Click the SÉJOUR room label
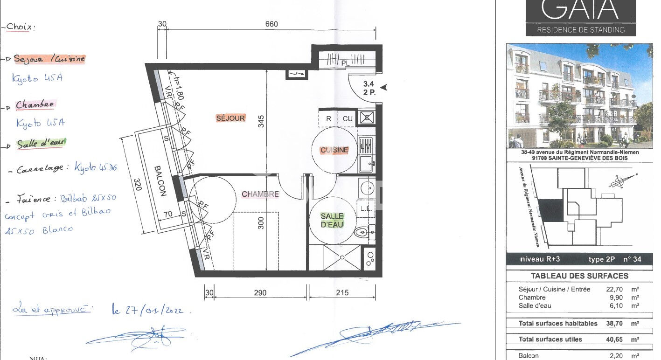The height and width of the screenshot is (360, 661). [230, 118]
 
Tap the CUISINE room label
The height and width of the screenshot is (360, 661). [334, 150]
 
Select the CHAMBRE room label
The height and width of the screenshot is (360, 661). [260, 194]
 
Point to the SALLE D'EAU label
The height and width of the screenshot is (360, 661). [332, 220]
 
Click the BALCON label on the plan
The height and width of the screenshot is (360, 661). [160, 181]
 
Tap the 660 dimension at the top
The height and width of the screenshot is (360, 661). [271, 24]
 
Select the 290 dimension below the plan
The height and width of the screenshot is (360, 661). [260, 293]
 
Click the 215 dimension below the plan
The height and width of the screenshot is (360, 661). [342, 293]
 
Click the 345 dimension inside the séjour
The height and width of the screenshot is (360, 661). [261, 121]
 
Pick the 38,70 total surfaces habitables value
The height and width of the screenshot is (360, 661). [616, 324]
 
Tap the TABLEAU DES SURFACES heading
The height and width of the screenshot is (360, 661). [579, 276]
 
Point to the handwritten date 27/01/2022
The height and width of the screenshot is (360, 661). [147, 310]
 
